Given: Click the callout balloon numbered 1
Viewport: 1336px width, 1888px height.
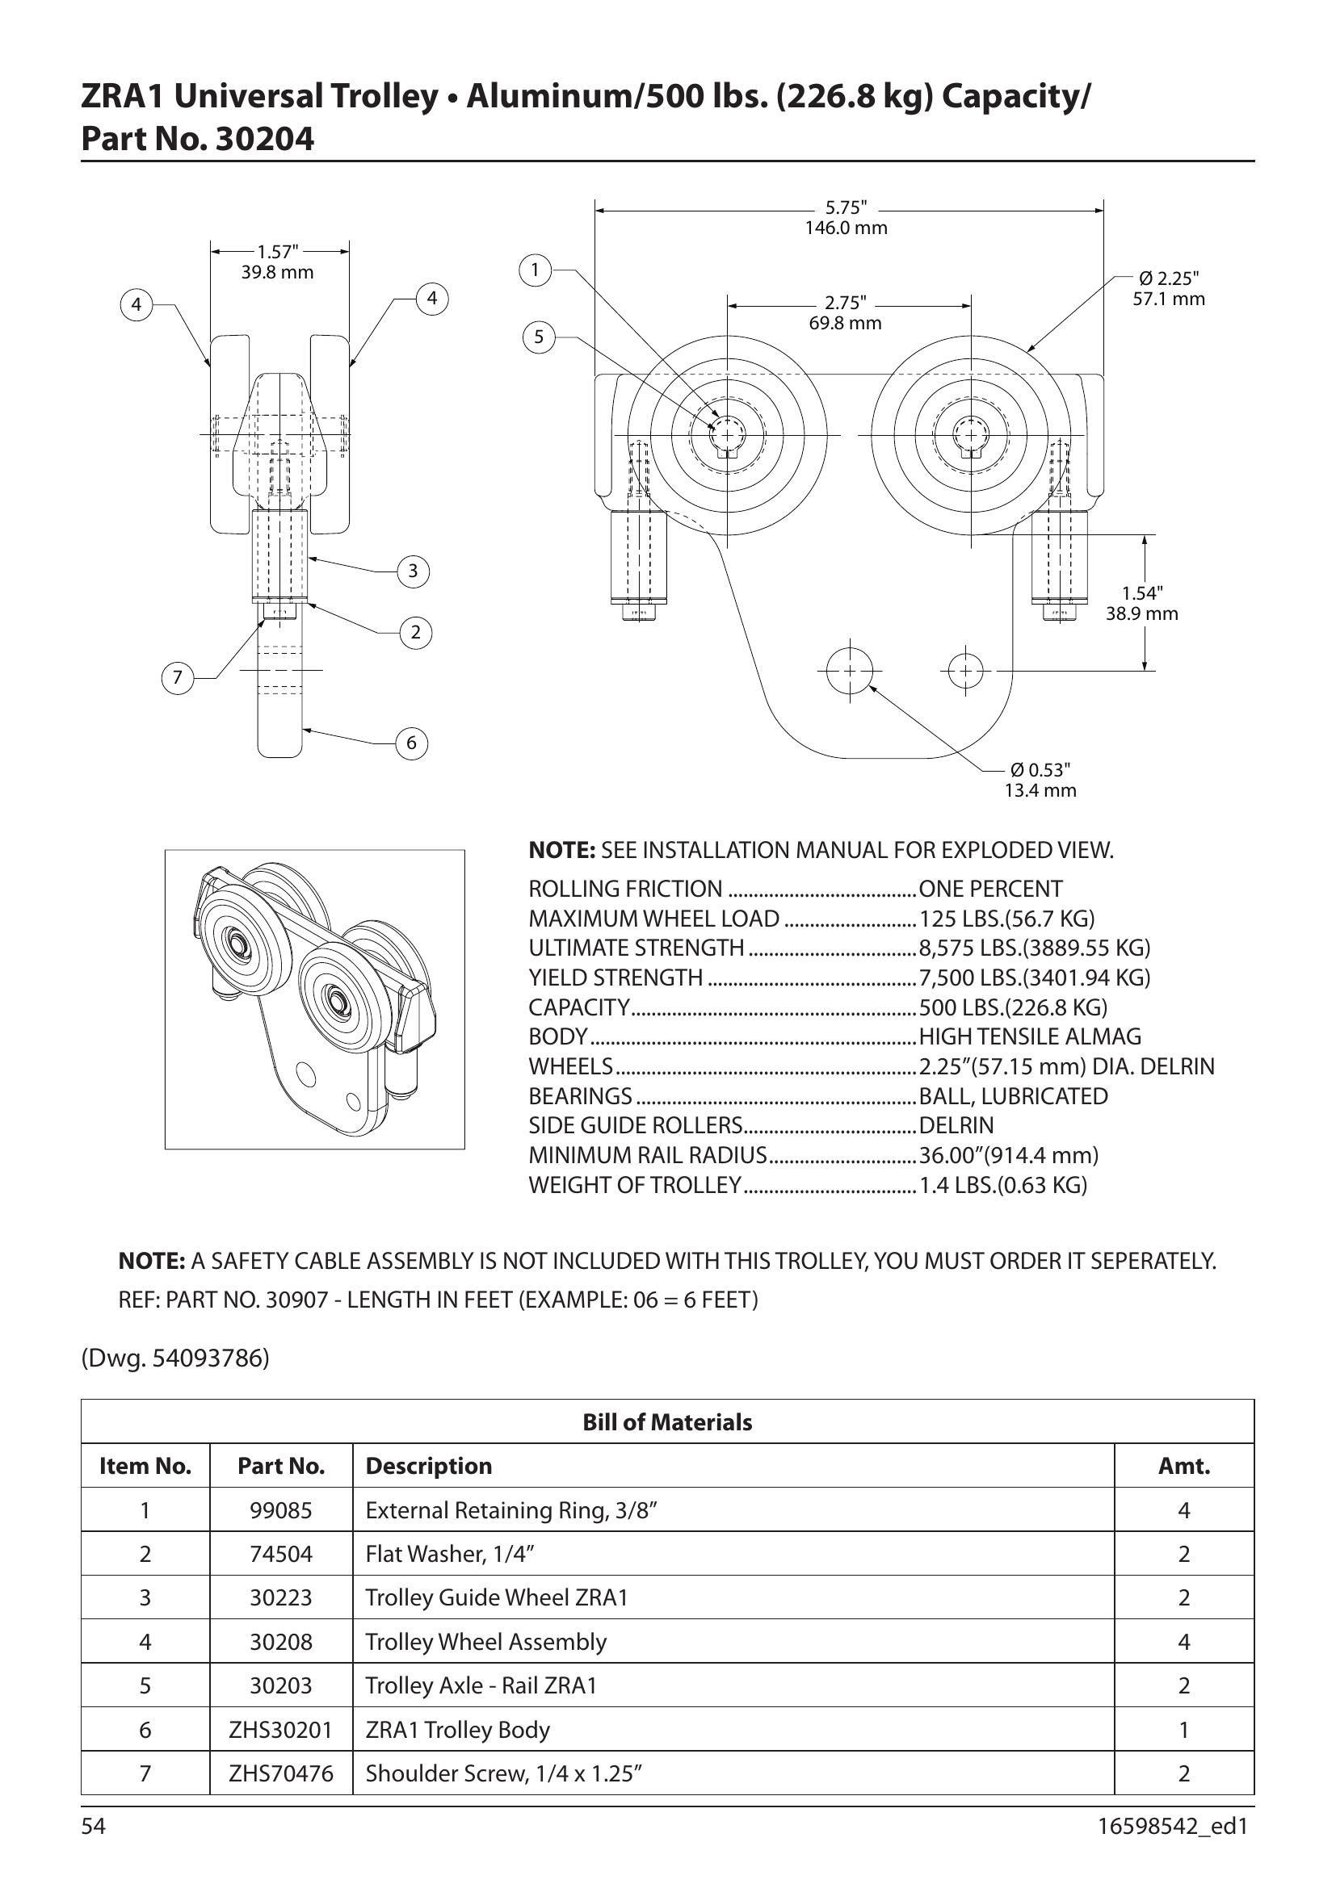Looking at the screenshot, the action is [536, 270].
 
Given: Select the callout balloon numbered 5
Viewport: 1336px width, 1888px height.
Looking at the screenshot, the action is [539, 337].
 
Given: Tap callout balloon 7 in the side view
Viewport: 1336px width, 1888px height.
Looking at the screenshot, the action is [177, 678].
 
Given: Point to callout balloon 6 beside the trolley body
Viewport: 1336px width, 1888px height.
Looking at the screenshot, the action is [412, 743].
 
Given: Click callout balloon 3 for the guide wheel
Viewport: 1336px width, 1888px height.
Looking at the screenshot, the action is [413, 571].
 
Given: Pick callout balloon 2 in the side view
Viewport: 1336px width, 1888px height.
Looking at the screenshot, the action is [415, 632].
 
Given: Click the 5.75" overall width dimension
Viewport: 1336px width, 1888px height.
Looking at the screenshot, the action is [847, 218].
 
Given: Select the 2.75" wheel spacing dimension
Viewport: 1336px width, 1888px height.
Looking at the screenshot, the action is [846, 313].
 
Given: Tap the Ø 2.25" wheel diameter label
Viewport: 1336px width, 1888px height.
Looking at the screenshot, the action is [1169, 289].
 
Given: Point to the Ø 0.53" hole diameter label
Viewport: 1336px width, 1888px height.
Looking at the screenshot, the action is [1040, 780].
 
